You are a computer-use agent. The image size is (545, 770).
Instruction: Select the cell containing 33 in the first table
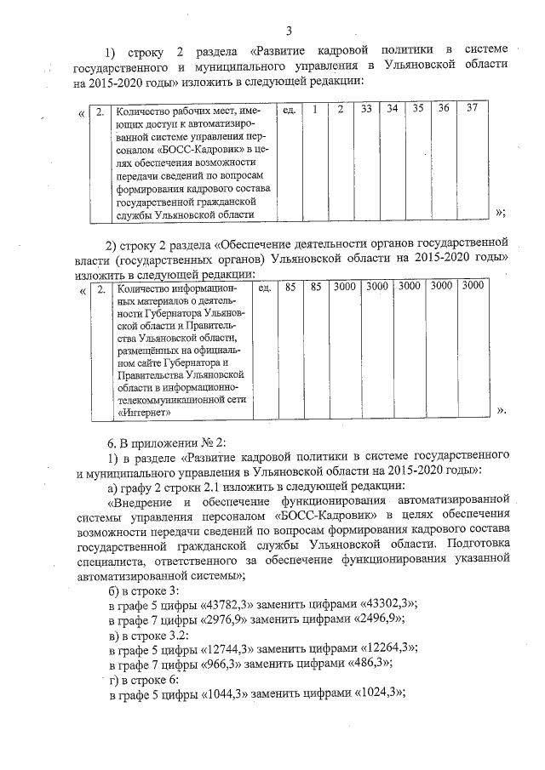point(366,109)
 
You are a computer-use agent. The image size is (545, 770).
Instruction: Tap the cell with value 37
point(471,109)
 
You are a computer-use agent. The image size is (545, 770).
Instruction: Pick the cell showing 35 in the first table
point(418,109)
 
